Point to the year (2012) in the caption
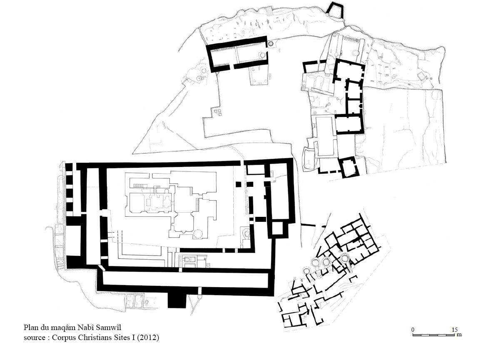(x=148, y=338)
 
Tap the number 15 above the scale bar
(x=455, y=330)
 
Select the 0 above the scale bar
(x=413, y=330)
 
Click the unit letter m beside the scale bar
(x=459, y=335)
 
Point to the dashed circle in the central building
(x=198, y=233)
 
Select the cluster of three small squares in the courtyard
(x=217, y=112)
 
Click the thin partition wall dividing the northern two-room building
(x=236, y=52)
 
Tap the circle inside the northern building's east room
(x=262, y=55)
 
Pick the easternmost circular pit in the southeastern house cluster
(x=345, y=259)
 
